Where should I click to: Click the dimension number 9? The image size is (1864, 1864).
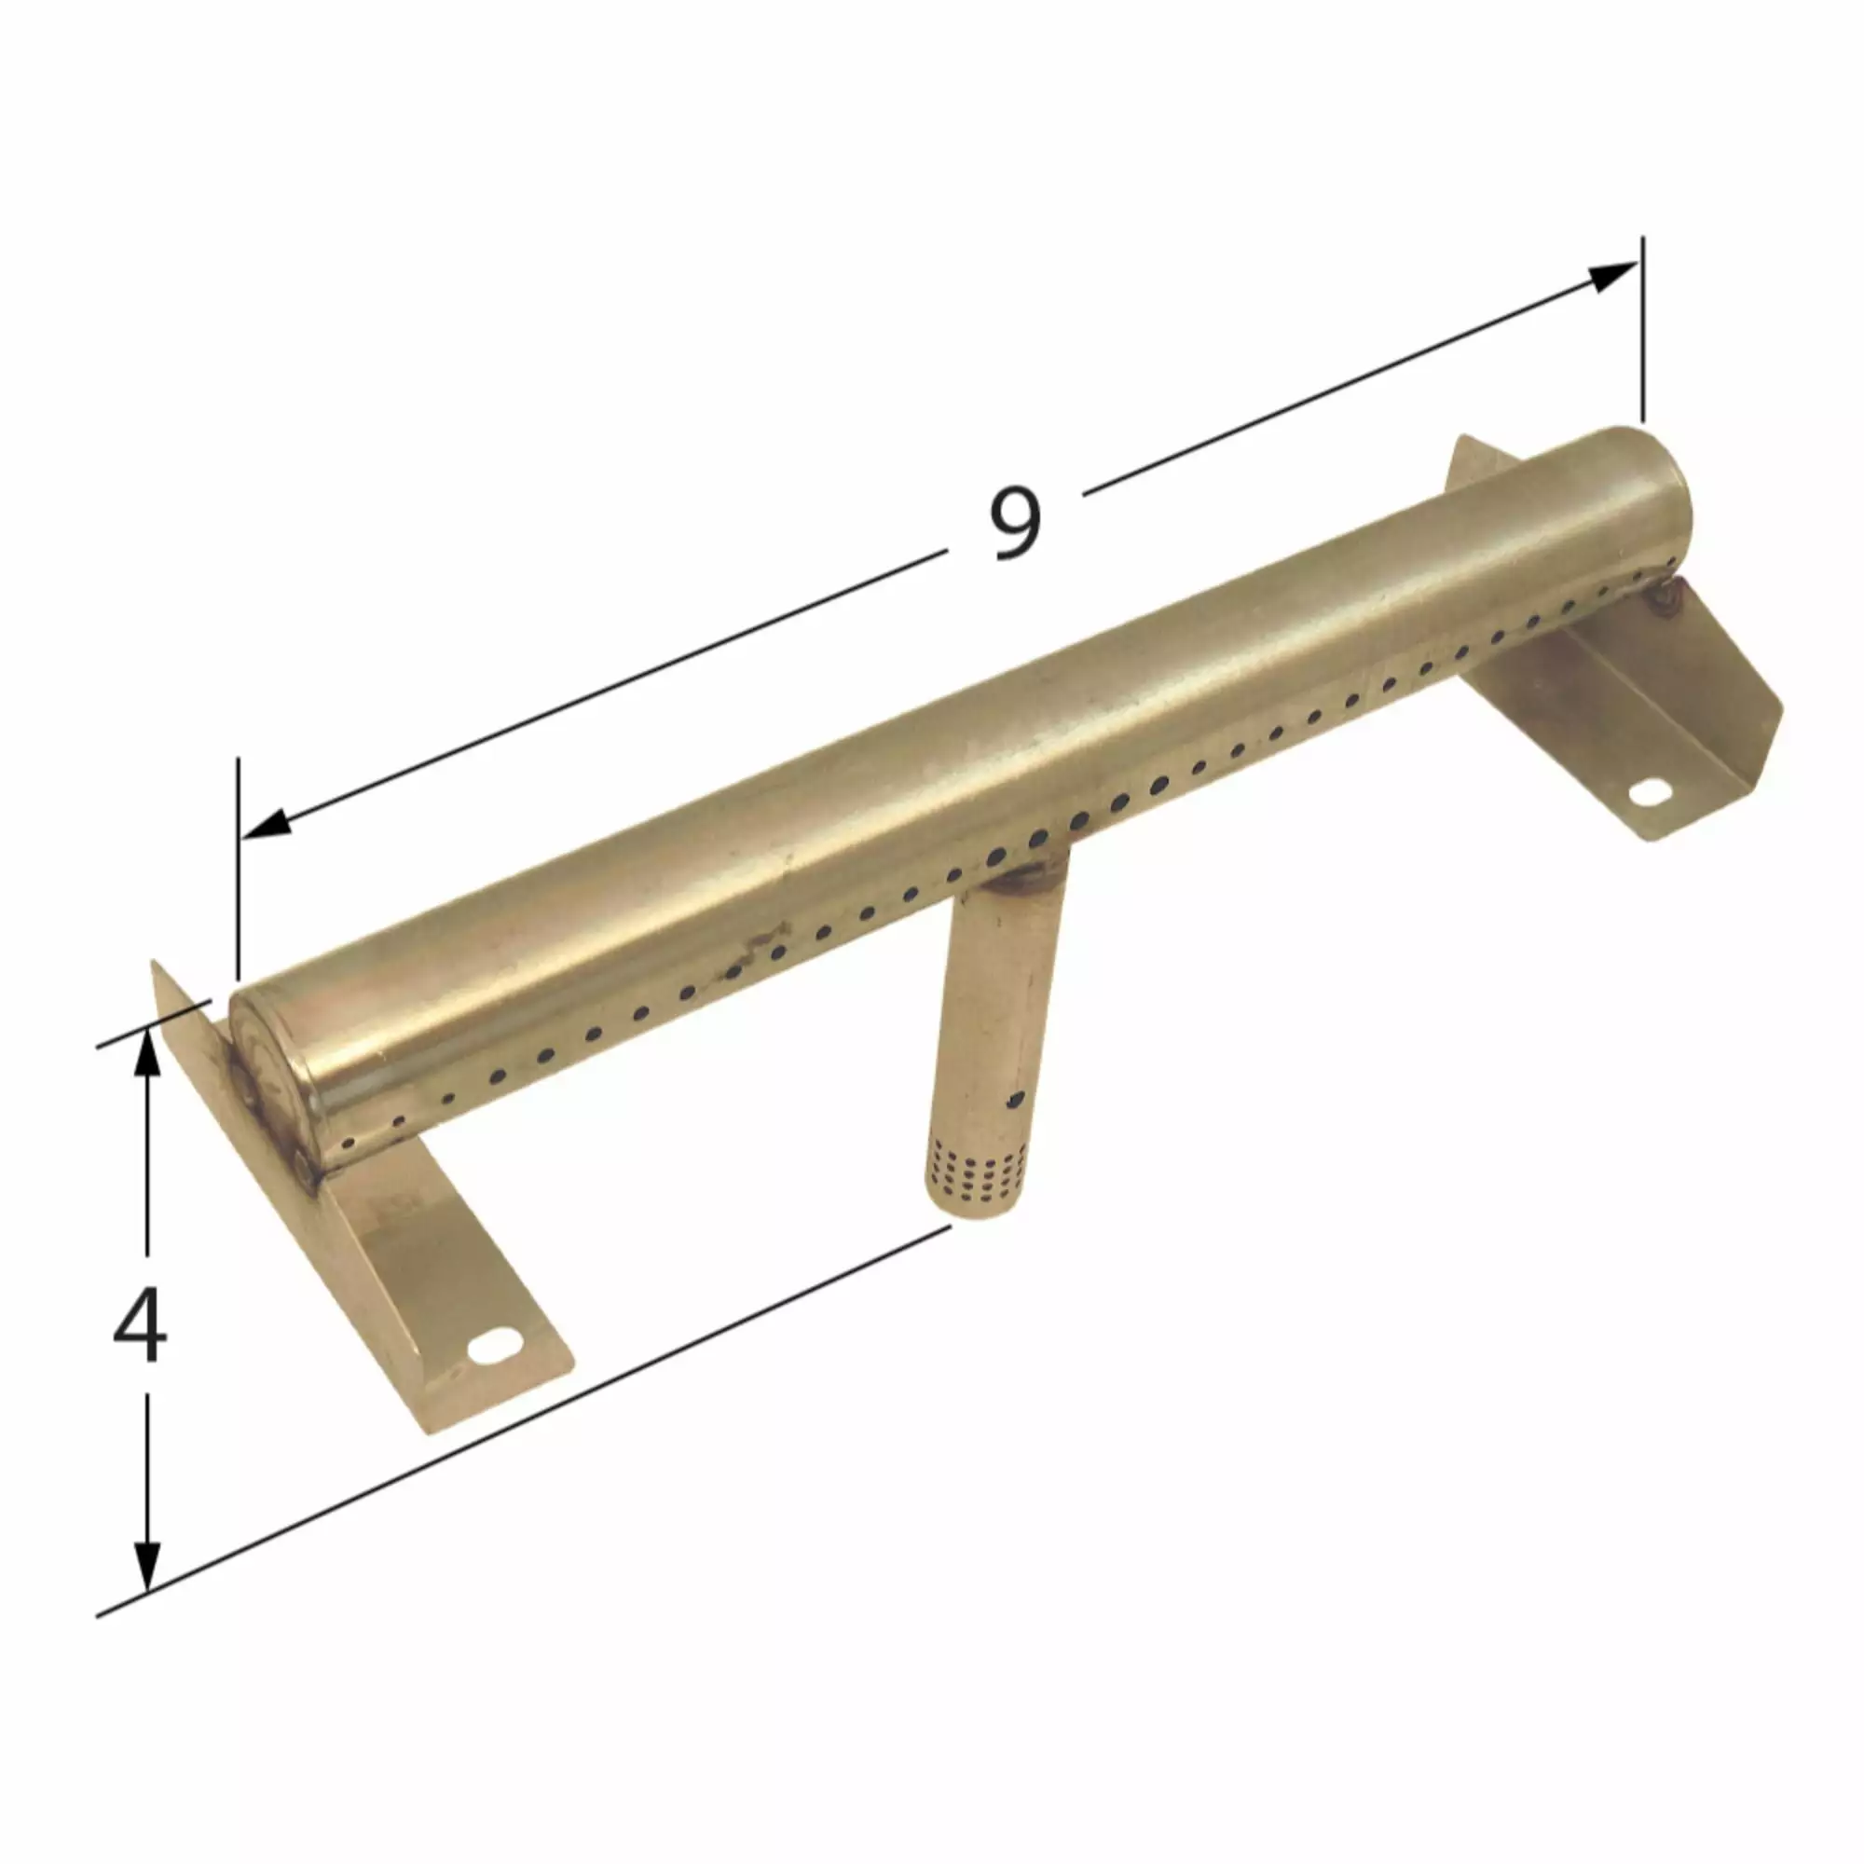1016,524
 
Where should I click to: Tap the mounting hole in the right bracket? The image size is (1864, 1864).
1649,793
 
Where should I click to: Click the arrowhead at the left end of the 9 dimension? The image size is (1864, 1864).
267,822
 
